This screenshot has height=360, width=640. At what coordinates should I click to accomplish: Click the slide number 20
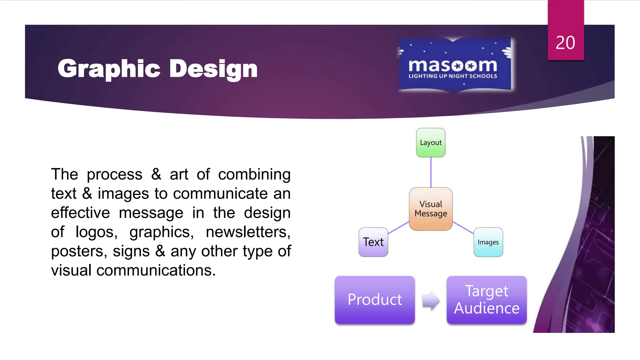[565, 42]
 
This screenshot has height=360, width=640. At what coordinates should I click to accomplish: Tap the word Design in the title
[213, 69]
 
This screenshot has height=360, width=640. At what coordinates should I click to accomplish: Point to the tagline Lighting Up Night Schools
[452, 76]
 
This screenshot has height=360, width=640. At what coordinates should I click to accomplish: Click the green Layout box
[431, 142]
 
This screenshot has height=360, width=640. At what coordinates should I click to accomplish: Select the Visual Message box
[431, 209]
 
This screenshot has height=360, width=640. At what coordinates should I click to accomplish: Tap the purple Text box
[373, 242]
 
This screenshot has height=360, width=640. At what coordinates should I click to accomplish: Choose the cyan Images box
[488, 242]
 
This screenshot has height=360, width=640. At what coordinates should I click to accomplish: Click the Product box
[375, 300]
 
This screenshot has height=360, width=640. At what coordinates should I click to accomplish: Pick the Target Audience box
[487, 300]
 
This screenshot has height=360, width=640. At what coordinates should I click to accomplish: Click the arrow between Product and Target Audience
[431, 301]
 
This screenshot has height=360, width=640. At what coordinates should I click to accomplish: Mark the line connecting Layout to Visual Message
[431, 172]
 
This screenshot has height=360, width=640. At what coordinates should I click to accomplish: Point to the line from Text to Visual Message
[399, 227]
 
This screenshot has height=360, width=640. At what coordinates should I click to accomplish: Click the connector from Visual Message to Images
[463, 227]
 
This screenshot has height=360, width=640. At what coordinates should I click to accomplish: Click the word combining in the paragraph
[254, 174]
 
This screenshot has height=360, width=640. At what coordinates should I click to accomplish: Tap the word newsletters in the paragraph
[248, 232]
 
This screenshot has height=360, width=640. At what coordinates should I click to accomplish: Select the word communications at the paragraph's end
[156, 271]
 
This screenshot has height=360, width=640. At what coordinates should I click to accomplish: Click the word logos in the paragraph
[96, 232]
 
